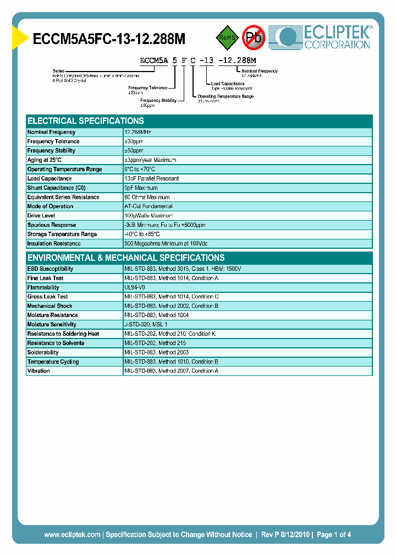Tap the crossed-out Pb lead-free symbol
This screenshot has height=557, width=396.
point(254,37)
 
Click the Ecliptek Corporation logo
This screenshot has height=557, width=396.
point(324,37)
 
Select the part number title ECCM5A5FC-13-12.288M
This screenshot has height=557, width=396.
point(109,39)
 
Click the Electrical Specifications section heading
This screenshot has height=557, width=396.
point(86,121)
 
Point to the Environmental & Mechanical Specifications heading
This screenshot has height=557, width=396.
point(126,258)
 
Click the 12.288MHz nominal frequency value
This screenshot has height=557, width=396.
point(137,132)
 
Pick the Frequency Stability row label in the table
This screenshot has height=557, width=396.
point(51,151)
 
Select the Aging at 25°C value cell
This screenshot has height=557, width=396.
point(150,160)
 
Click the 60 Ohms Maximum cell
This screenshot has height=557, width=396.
point(147,197)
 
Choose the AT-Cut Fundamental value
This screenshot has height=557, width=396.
point(148,206)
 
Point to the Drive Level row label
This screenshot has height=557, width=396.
point(41,216)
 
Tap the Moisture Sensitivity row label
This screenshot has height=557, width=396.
point(52,325)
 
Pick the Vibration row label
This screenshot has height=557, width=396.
point(38,371)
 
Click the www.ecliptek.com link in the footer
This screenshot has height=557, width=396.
point(72,534)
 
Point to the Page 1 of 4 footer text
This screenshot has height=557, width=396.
point(334,534)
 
